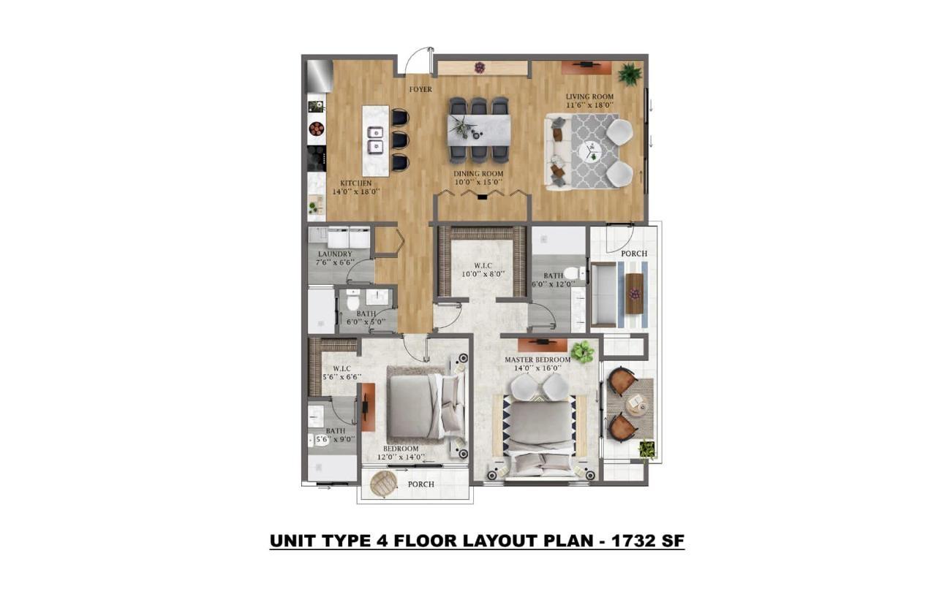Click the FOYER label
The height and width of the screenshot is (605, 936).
(420, 90)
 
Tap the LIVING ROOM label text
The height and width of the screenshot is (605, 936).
(589, 96)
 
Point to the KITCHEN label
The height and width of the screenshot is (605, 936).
(356, 183)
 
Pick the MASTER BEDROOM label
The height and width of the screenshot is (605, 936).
(537, 360)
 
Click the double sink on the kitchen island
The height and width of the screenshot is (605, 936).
(375, 140)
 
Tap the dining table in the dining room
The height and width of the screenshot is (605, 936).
(478, 129)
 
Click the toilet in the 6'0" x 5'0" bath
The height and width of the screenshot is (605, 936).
(352, 301)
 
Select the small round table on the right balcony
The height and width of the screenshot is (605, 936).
(636, 404)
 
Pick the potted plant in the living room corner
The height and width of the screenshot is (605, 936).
(629, 73)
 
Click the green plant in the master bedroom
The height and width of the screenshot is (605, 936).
(582, 351)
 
